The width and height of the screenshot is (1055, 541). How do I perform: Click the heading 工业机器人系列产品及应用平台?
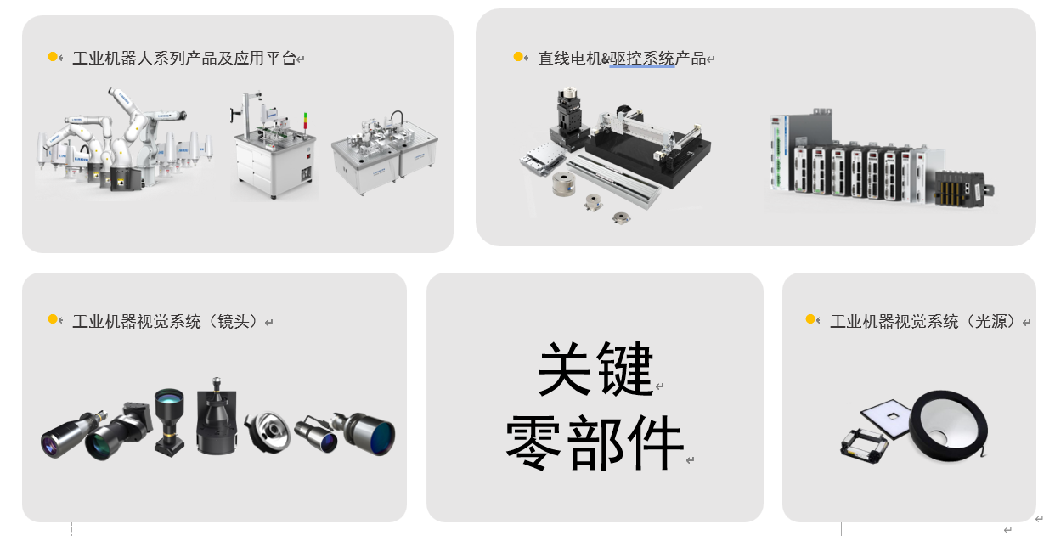[x=184, y=59]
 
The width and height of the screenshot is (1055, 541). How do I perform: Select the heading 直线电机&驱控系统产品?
[x=622, y=59]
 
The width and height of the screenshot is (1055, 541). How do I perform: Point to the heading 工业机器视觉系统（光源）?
[x=922, y=322]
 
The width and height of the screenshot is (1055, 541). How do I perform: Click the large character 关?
[x=564, y=369]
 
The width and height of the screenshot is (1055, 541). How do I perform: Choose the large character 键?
[x=625, y=369]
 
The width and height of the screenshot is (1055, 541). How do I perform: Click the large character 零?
[x=533, y=442]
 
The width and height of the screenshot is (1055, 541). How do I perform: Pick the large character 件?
[x=657, y=442]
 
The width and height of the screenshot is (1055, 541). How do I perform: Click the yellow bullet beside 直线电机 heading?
[x=518, y=57]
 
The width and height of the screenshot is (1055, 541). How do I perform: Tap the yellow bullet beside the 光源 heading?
[x=810, y=319]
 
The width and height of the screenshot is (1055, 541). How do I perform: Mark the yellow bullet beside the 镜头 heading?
[x=53, y=319]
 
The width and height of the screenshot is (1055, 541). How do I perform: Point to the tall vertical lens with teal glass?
[x=169, y=421]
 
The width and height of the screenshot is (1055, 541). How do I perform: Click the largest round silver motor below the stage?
[x=563, y=183]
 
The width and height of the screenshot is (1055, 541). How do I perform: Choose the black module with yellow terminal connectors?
[x=961, y=188]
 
